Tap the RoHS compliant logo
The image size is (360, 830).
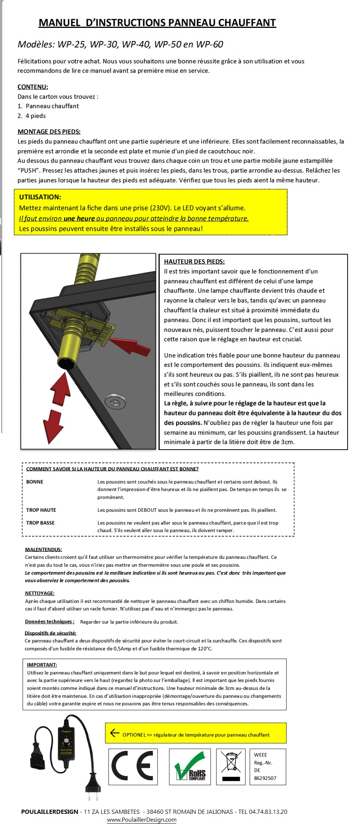point(191,766)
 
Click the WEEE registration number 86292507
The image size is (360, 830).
point(265,778)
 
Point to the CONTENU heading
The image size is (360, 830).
point(33,87)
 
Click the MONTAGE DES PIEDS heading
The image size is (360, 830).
point(49,132)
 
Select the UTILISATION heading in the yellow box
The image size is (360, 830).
point(40,197)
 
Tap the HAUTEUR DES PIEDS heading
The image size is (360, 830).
point(194,262)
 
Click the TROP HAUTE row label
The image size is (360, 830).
point(41,510)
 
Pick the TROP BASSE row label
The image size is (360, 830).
point(40,523)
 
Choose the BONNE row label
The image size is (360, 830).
point(35,482)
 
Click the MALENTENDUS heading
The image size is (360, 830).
point(43,549)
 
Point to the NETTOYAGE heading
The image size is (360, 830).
point(40,593)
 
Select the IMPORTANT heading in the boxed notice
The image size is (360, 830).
point(42,665)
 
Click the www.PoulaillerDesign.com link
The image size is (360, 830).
point(142,820)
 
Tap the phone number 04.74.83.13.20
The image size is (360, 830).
point(268,812)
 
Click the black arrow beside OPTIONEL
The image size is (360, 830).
point(114,733)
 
